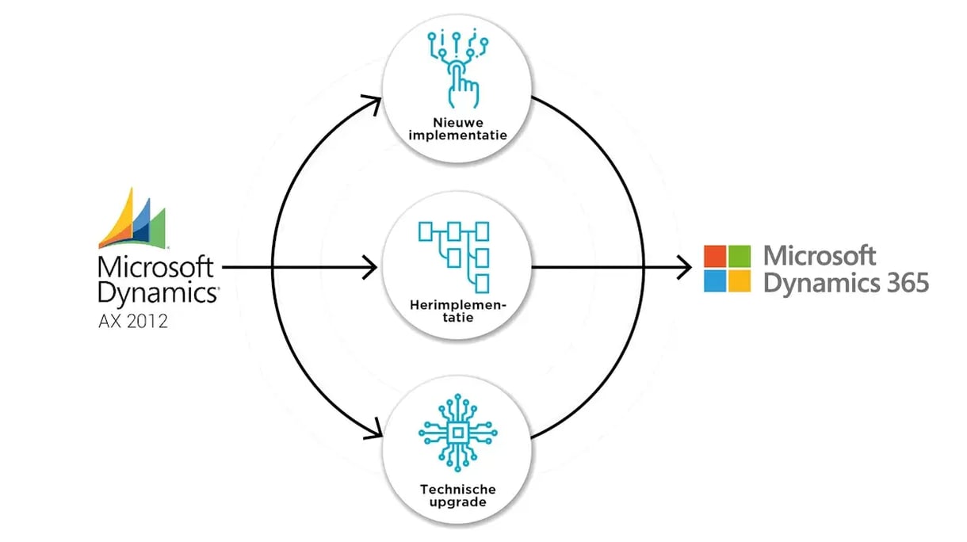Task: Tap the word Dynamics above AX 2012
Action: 158,292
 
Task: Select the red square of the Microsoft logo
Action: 715,256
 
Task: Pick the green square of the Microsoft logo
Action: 740,256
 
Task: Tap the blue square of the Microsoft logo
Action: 715,281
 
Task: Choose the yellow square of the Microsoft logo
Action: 740,281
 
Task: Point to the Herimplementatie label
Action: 458,311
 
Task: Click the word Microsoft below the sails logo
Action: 155,265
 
